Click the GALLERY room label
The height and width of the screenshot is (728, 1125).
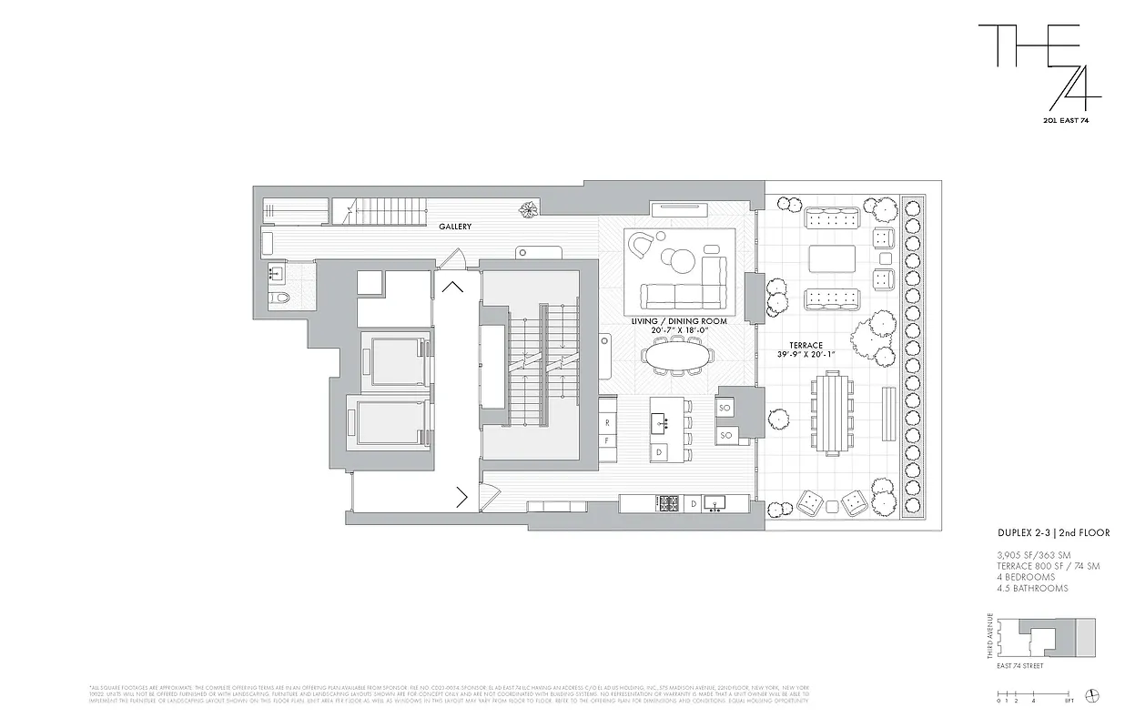[x=454, y=227]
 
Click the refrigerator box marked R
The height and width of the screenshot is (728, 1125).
[x=606, y=423]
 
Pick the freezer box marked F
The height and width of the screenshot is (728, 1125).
[x=606, y=441]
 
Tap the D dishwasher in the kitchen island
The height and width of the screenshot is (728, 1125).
[x=658, y=451]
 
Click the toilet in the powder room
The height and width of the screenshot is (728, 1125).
[x=279, y=298]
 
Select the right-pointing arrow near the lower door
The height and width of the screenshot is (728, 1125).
[x=462, y=497]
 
